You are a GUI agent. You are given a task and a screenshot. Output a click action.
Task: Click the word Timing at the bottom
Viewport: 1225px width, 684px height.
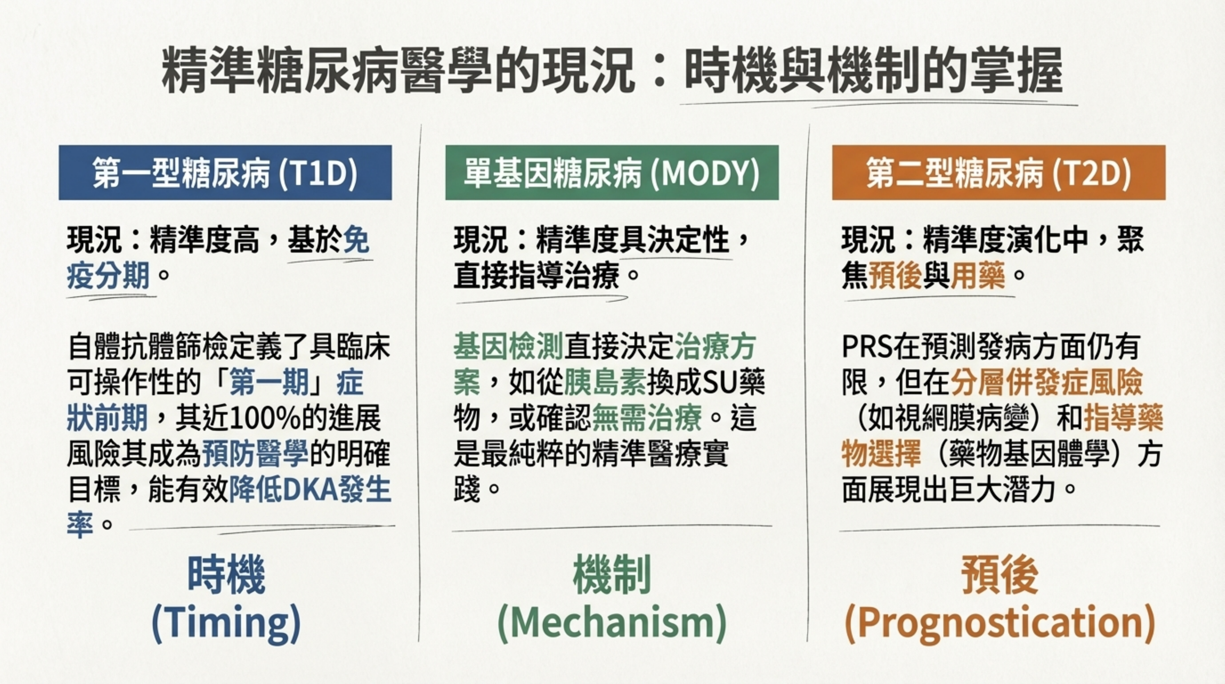pyautogui.click(x=226, y=623)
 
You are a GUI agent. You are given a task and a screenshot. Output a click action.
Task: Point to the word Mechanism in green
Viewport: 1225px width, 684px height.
pyautogui.click(x=612, y=623)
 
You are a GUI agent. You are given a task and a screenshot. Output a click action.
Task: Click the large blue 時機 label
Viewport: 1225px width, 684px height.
pyautogui.click(x=226, y=576)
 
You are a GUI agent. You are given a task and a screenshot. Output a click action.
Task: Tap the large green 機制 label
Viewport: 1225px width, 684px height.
pyautogui.click(x=612, y=576)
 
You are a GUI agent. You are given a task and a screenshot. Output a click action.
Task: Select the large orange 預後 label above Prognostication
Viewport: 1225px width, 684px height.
pyautogui.click(x=1000, y=576)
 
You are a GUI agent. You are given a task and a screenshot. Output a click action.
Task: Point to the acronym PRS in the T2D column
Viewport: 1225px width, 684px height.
pyautogui.click(x=866, y=347)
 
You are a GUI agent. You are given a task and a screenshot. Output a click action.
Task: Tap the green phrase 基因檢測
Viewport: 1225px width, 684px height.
pyautogui.click(x=508, y=347)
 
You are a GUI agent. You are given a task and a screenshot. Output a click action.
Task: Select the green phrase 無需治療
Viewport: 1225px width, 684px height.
pyautogui.click(x=647, y=419)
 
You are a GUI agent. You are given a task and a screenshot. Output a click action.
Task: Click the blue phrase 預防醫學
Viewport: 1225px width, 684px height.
pyautogui.click(x=256, y=454)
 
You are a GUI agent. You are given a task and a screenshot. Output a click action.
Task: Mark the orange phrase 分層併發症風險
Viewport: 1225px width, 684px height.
pyautogui.click(x=1047, y=383)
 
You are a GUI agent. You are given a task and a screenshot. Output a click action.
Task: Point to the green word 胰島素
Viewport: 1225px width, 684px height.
pyautogui.click(x=605, y=383)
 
